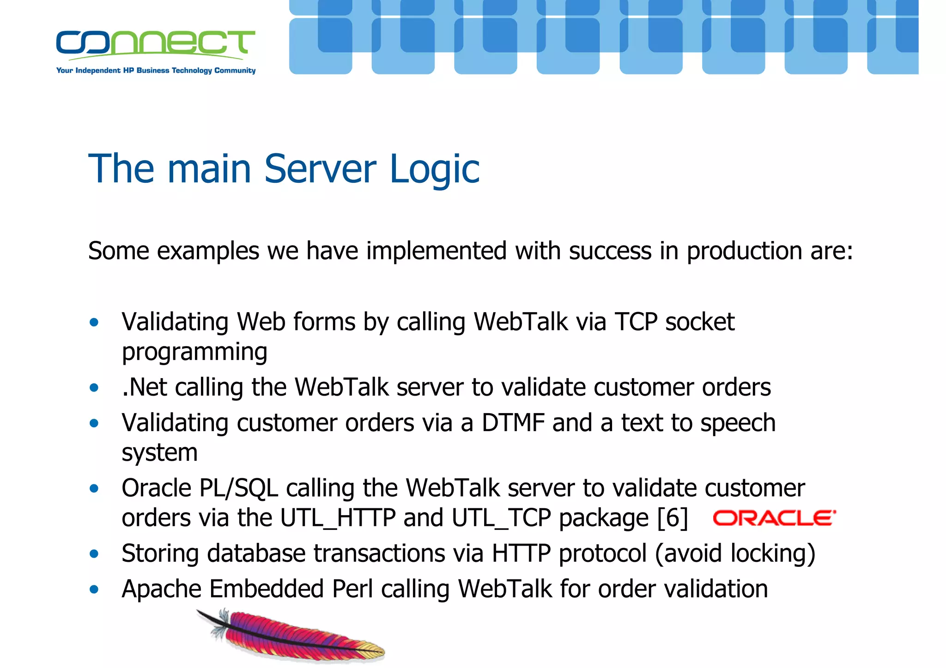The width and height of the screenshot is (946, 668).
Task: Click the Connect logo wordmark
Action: click(155, 43)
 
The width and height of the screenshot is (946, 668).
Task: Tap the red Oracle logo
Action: click(774, 518)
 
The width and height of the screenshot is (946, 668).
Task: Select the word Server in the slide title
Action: click(320, 169)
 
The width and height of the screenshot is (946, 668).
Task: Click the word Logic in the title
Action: click(434, 170)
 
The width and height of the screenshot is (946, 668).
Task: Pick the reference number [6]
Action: click(673, 518)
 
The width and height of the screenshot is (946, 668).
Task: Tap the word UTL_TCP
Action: click(501, 518)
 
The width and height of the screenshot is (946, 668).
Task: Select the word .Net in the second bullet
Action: click(144, 387)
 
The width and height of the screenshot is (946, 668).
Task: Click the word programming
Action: click(194, 352)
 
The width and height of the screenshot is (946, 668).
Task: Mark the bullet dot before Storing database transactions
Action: click(94, 554)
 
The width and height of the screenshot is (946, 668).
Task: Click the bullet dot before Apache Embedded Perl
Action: click(94, 589)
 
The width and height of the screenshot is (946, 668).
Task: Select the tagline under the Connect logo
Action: click(156, 71)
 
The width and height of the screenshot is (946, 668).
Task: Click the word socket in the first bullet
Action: click(699, 322)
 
